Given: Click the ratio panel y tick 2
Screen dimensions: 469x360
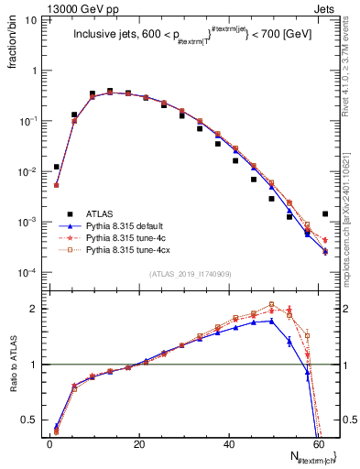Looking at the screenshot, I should click(x=37, y=309).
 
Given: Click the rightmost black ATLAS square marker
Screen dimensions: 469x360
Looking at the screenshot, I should click(x=326, y=214).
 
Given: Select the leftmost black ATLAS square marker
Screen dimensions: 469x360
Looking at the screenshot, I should click(x=57, y=167).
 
